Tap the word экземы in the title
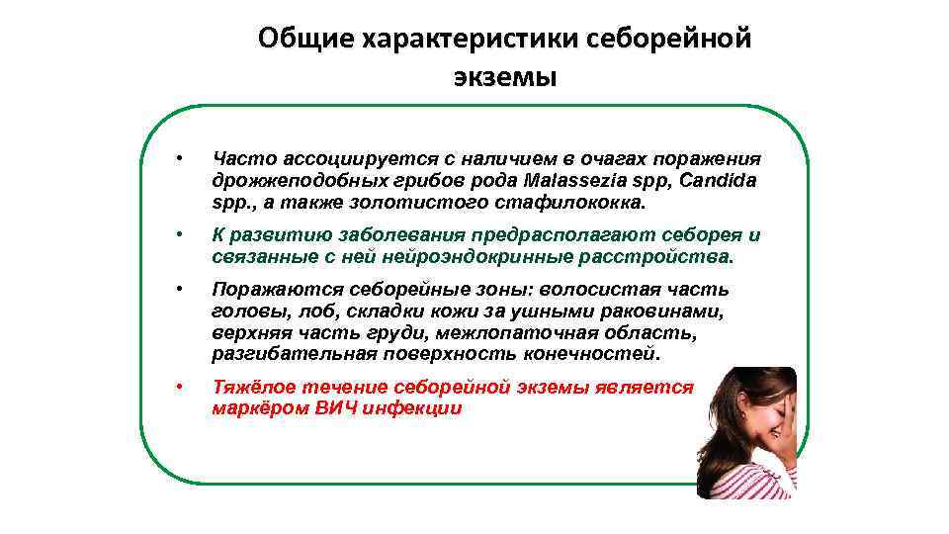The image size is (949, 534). tap(505, 76)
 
